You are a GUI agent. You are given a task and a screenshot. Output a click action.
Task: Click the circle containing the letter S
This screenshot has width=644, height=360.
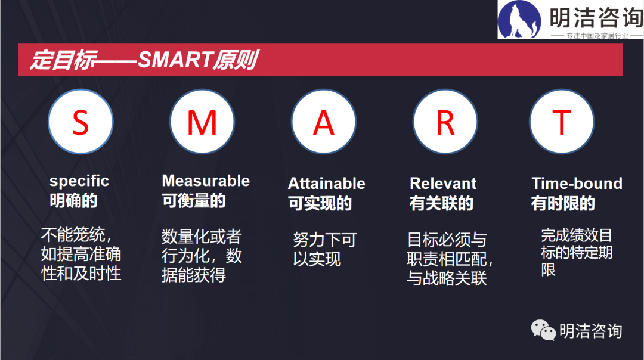pyautogui.click(x=80, y=122)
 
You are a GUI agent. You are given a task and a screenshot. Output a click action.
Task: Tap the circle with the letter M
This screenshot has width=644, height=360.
pyautogui.click(x=202, y=122)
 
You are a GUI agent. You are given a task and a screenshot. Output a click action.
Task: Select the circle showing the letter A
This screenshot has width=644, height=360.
pyautogui.click(x=324, y=122)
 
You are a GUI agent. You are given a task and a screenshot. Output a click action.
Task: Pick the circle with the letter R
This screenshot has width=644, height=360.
pyautogui.click(x=445, y=122)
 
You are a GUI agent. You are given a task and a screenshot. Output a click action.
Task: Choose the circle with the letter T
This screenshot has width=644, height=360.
pyautogui.click(x=562, y=122)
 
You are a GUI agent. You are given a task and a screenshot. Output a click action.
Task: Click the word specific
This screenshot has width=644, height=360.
pyautogui.click(x=79, y=181)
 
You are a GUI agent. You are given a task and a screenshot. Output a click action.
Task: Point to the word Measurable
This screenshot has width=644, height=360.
pyautogui.click(x=206, y=181)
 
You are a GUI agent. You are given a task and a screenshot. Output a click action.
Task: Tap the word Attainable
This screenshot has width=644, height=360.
pyautogui.click(x=327, y=183)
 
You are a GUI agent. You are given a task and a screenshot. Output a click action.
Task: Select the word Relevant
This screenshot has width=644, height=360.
pyautogui.click(x=443, y=183)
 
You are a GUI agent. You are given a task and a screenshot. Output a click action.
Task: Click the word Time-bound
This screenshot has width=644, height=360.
pyautogui.click(x=577, y=183)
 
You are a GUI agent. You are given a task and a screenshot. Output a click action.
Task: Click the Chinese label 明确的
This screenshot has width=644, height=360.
pyautogui.click(x=73, y=201)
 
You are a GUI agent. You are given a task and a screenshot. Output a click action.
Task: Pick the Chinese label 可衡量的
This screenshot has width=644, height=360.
pyautogui.click(x=194, y=201)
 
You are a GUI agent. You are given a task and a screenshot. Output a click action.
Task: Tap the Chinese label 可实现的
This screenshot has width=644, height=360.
pyautogui.click(x=320, y=203)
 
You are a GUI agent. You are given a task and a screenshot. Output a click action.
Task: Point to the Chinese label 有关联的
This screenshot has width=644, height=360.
pyautogui.click(x=441, y=203)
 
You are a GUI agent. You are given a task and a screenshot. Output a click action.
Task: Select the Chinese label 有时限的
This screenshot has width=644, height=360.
pyautogui.click(x=563, y=203)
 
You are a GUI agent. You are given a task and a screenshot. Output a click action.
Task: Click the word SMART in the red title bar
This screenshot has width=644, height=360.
pyautogui.click(x=175, y=60)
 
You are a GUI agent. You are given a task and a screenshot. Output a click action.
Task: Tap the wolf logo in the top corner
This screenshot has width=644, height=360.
pyautogui.click(x=519, y=20)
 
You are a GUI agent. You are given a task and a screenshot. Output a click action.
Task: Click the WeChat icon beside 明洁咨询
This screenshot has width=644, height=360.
pyautogui.click(x=543, y=330)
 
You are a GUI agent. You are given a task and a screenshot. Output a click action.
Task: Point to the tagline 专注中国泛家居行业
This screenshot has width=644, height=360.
pyautogui.click(x=597, y=36)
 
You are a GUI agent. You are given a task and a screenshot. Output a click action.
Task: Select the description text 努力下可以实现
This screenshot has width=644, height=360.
pyautogui.click(x=325, y=249)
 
